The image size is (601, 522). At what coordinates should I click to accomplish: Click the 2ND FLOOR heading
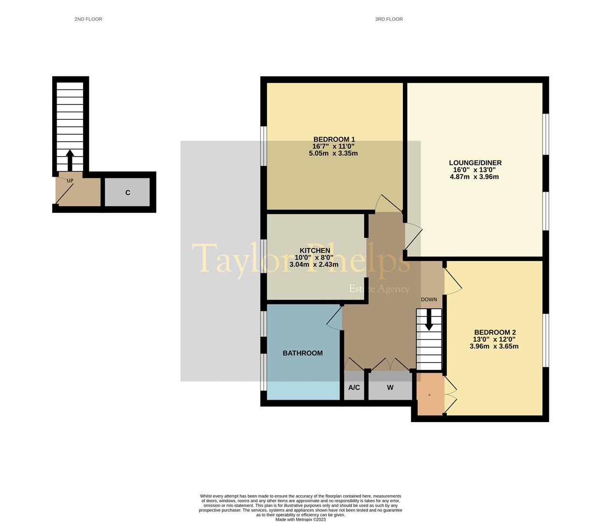coord(88,19)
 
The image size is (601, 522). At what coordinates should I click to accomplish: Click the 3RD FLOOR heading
coord(388,19)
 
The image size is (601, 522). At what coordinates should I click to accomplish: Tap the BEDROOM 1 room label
coord(334,139)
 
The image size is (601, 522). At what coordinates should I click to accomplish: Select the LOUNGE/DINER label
coord(475,163)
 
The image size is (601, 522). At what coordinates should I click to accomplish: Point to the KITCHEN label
coord(315,250)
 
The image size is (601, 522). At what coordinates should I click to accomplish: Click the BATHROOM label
coord(302,353)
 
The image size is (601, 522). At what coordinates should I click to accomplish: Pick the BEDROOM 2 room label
coord(495,332)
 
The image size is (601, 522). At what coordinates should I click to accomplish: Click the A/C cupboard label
coord(354,388)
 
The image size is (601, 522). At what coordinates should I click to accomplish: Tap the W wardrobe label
coord(390,388)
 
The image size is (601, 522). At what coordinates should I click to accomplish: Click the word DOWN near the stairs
coord(429,300)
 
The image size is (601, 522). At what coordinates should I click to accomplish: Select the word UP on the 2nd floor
coord(70,181)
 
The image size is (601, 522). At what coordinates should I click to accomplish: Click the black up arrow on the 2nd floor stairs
coord(70,160)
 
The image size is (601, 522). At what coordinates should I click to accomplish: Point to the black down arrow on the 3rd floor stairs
coord(429,319)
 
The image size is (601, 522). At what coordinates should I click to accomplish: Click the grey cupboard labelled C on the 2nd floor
coord(128,192)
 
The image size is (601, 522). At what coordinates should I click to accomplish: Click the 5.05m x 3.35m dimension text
coord(333,153)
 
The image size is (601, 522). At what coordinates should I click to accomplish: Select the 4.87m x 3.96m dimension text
coord(474,177)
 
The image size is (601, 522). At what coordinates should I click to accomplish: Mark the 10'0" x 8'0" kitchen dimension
coord(314,258)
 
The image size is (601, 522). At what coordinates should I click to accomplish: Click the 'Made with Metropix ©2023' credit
coord(300,520)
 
